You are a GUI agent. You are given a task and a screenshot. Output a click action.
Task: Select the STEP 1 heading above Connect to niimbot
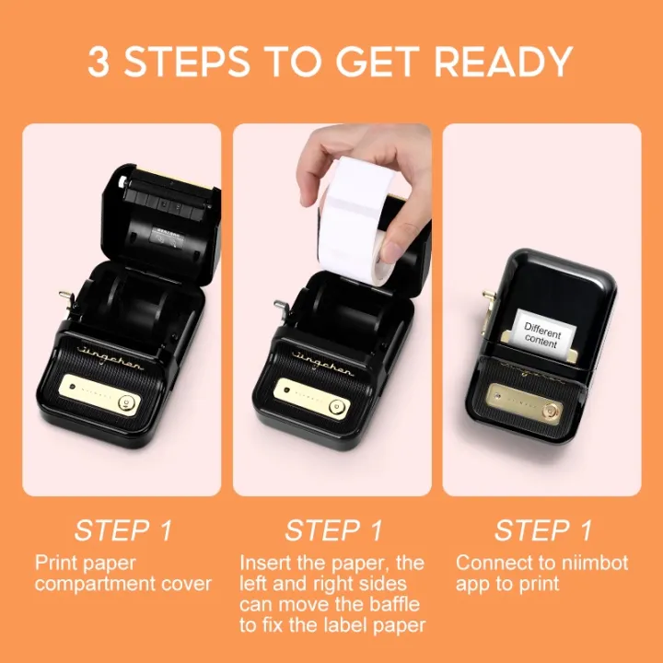[x=542, y=530]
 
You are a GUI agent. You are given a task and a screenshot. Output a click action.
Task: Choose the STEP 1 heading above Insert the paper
[x=332, y=530]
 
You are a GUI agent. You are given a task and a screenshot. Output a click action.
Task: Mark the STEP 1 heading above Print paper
[x=122, y=530]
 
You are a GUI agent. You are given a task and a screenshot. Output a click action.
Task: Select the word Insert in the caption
[x=263, y=562]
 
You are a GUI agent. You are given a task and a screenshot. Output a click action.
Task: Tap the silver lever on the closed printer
[x=488, y=303]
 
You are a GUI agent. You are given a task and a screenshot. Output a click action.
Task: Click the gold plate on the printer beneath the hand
[x=312, y=399]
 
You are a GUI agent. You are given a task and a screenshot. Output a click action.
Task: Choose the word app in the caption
[x=472, y=584]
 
